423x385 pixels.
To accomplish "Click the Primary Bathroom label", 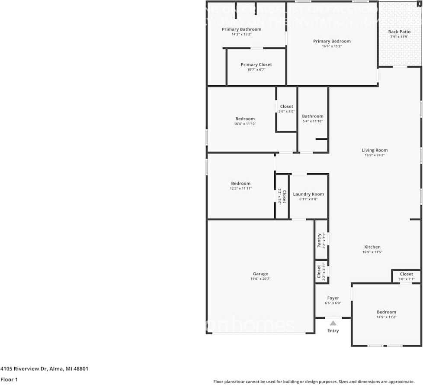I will coord(241,29).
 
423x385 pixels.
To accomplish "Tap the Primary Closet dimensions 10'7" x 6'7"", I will coord(256,69).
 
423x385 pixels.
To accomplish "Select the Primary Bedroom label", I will coord(332,41).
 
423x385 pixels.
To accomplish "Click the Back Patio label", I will coord(399,32).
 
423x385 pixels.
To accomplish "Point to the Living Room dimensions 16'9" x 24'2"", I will coord(375,155).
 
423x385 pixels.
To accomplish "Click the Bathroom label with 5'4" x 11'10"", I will coord(312,116).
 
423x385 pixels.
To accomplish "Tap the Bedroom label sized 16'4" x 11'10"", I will coord(245,119).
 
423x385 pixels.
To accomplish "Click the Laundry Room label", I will coord(308,194).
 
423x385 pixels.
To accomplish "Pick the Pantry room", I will coord(320,240).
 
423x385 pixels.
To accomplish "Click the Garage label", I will coord(260,274).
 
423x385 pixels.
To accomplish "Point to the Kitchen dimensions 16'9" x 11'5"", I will coord(372,252).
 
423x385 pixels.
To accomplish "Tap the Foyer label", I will coord(333,298).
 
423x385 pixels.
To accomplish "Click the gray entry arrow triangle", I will coord(333,323).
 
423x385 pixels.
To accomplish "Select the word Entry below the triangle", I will coord(333,331).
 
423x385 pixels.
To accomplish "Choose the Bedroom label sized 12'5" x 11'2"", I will coord(386,312).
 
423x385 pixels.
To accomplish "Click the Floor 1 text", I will coord(9,379).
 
